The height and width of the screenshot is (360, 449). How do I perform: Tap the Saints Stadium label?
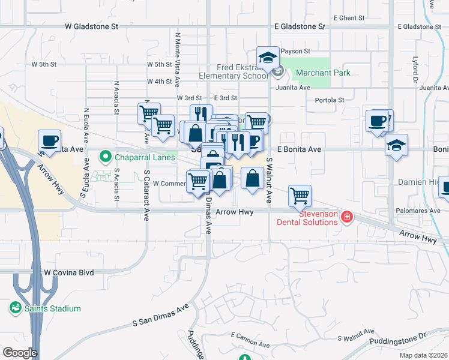[x=53, y=308]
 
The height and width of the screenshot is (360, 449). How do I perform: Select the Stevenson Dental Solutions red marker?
[x=346, y=217]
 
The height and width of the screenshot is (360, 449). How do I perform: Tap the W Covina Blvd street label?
[x=69, y=272]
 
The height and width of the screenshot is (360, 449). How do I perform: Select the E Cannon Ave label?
[x=248, y=343]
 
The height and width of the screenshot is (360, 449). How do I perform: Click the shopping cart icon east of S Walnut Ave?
[x=300, y=194]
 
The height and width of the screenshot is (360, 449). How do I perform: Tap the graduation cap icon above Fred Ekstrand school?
[x=268, y=57]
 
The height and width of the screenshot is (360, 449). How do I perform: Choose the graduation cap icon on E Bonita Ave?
[x=396, y=145]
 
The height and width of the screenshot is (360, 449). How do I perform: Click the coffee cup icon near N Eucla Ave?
[x=50, y=140]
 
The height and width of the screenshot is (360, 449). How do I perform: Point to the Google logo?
[x=20, y=353]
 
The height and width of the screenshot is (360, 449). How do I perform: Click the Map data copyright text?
[x=423, y=355]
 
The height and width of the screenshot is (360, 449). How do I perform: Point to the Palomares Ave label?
[x=418, y=211]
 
